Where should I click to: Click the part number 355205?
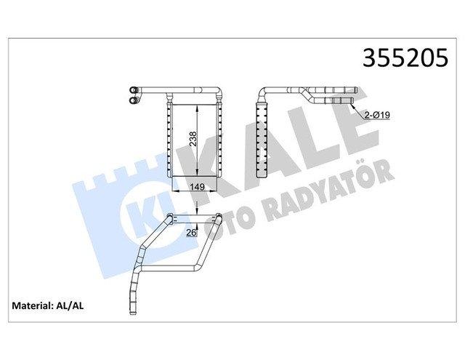(x=405, y=58)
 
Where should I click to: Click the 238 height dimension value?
(x=193, y=139)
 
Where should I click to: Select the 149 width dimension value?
(x=197, y=187)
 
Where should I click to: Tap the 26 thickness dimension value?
(x=191, y=233)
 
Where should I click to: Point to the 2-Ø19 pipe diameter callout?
(x=377, y=115)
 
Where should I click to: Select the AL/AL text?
(x=70, y=305)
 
